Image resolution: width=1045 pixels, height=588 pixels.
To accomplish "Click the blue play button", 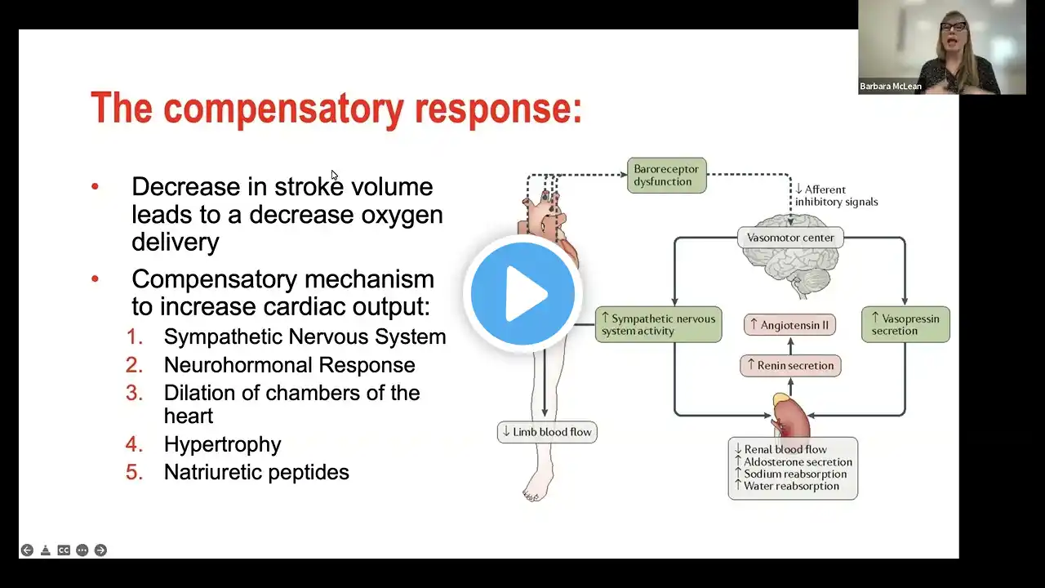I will [522, 293].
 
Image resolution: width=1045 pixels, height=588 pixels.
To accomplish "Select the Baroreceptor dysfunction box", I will [666, 176].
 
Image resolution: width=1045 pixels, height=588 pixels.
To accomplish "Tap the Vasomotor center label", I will [790, 238].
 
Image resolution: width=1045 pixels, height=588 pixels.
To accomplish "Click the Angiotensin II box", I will [789, 325].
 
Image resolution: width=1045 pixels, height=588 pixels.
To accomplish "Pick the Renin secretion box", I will [789, 365].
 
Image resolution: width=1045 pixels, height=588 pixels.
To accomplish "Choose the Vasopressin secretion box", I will [905, 324].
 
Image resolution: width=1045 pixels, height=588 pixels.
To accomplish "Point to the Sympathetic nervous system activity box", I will [658, 324].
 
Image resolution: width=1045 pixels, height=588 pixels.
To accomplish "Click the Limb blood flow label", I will [547, 431].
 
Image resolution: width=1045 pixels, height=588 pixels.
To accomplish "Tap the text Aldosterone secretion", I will [787, 461].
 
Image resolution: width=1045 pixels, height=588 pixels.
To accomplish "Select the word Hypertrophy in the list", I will [222, 444].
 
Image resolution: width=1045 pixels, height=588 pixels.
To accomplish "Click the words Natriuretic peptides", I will [256, 472].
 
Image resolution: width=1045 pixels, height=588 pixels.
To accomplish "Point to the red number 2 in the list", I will [134, 365].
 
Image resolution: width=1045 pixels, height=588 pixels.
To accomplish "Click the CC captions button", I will [64, 550].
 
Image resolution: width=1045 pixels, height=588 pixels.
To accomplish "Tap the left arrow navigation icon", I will [27, 550].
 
